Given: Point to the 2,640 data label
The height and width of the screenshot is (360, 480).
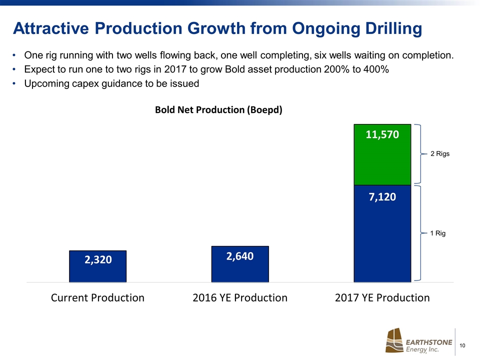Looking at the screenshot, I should pyautogui.click(x=240, y=256).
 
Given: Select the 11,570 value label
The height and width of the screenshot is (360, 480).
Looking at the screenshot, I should pyautogui.click(x=382, y=134).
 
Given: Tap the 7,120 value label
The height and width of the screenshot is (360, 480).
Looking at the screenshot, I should pyautogui.click(x=382, y=197).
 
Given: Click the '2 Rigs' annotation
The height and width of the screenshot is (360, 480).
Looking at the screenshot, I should pyautogui.click(x=440, y=154).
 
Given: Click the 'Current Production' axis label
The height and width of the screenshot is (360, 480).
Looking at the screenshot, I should pyautogui.click(x=97, y=298).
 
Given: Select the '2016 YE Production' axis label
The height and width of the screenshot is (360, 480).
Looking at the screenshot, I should pyautogui.click(x=240, y=298).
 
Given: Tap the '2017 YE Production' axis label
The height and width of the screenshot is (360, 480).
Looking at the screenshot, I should pyautogui.click(x=382, y=298).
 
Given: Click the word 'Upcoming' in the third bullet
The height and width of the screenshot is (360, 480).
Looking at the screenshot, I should pyautogui.click(x=47, y=83).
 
